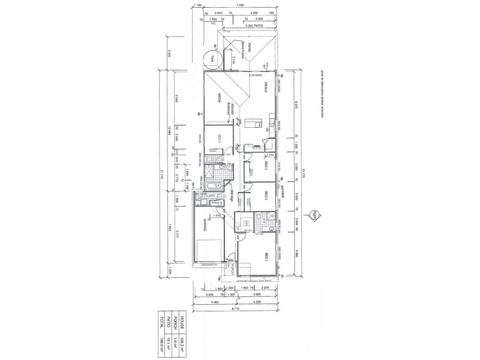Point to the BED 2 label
265,196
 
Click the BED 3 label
265,166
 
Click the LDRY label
211,196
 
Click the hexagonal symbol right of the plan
314,214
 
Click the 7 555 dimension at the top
239,5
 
